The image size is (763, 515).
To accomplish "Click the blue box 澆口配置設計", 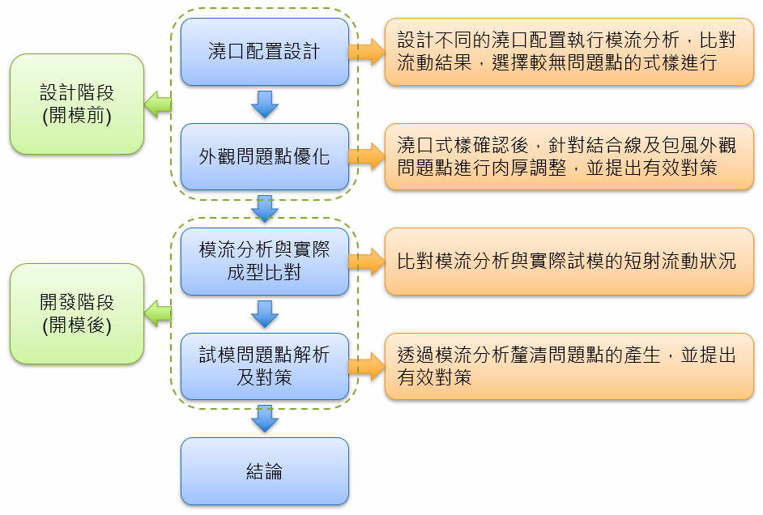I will pos(264,52).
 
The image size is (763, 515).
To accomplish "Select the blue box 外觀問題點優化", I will pos(264,156).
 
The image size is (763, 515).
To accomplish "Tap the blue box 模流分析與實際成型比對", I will pos(264,261).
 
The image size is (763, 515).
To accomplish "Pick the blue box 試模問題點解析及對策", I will pos(264,366).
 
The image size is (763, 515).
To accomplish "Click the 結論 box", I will pos(264,471).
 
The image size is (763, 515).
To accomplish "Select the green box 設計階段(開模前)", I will pos(77,104).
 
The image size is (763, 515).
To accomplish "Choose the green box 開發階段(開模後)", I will pos(77,313).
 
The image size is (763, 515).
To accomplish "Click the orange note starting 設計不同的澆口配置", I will pos(569,52).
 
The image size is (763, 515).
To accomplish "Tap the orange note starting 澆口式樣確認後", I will pos(569,156).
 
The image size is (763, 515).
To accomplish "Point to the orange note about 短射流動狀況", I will pos(569,261).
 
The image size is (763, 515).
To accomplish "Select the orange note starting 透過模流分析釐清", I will pos(569,366).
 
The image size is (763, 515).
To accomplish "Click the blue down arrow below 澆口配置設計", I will pos(265,104).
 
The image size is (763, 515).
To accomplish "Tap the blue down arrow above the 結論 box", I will pos(265,418).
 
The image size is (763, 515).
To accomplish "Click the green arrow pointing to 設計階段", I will pos(158,103).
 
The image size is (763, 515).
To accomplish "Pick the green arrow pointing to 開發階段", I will pos(158,313).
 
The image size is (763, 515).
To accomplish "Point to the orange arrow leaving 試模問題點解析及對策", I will pos(367,366).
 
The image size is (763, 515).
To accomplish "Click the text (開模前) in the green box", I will pos(77,116).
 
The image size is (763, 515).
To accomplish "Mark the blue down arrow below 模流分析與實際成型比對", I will pos(265,313).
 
